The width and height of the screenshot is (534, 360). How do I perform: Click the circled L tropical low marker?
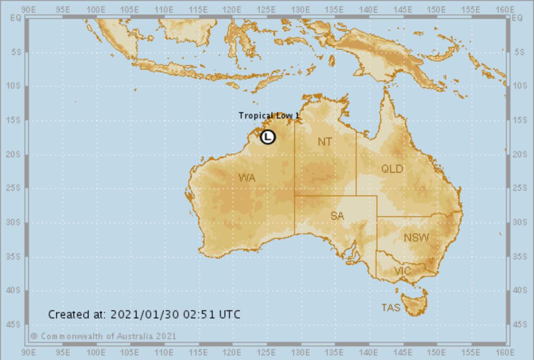click(x=268, y=136)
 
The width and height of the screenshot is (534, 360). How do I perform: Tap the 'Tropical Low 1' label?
click(x=269, y=116)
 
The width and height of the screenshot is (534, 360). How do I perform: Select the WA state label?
click(x=247, y=178)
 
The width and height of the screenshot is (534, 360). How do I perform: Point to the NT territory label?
click(x=324, y=142)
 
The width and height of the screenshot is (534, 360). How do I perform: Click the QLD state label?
click(x=392, y=169)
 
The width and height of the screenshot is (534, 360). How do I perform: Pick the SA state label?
click(x=337, y=216)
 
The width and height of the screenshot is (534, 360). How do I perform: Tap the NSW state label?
click(x=416, y=237)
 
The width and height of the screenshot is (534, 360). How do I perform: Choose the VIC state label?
click(x=402, y=271)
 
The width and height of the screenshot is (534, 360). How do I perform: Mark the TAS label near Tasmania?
click(x=391, y=308)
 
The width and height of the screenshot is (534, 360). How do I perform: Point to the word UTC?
click(x=230, y=314)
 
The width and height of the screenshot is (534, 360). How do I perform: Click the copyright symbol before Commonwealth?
click(x=34, y=336)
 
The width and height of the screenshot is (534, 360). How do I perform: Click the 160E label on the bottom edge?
click(x=505, y=352)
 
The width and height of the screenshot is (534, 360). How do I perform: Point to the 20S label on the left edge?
click(x=16, y=154)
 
